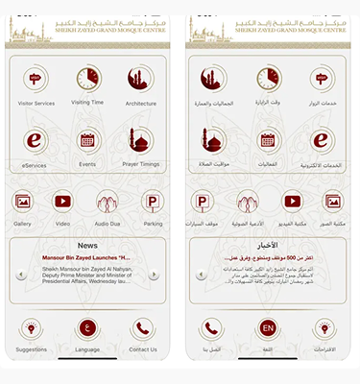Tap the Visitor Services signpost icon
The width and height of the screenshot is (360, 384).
point(36,80)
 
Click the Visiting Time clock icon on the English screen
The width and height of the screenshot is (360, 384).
point(87,80)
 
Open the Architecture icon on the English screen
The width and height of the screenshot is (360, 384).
point(140,80)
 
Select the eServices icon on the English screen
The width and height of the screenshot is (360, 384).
point(36,140)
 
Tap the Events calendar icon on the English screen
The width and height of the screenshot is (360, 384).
point(87,140)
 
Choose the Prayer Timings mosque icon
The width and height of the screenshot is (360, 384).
point(140,140)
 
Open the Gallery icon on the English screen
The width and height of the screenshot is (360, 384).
point(23,202)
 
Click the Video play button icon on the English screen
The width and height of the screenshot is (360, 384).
point(62,202)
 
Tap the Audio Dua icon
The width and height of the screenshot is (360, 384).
point(108,202)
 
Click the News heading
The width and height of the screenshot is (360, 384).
point(87,246)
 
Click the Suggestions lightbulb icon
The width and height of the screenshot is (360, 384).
point(32,329)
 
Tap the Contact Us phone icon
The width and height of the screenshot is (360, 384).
point(143,329)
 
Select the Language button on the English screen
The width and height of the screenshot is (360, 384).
point(87,329)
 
